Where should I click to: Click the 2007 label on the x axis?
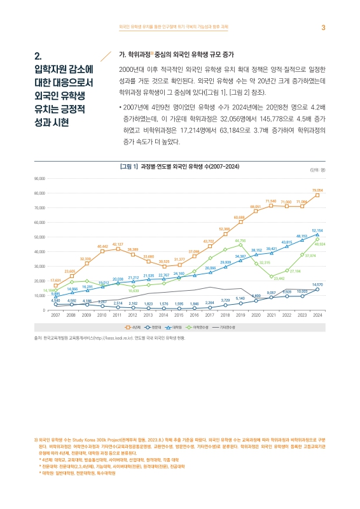click(56, 315)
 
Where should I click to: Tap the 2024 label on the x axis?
click(317, 315)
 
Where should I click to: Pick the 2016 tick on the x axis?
click(194, 315)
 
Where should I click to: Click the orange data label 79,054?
click(317, 190)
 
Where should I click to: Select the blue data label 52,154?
click(317, 230)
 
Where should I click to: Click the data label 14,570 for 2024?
click(317, 284)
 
